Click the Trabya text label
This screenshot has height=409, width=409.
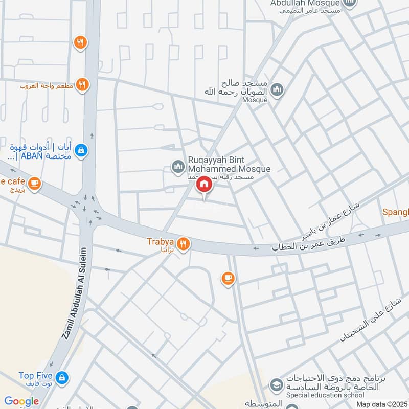click(161, 241)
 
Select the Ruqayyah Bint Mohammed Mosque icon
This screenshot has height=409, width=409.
click(178, 166)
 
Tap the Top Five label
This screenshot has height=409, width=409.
click(34, 376)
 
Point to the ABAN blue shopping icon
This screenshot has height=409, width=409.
click(81, 150)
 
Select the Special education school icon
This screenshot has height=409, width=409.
click(276, 384)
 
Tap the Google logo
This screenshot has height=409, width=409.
click(21, 401)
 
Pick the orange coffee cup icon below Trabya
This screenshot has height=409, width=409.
click(228, 279)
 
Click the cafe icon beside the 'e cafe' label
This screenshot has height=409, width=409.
click(34, 183)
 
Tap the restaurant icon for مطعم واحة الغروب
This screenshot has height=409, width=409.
click(82, 84)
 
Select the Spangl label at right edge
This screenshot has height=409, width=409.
click(396, 212)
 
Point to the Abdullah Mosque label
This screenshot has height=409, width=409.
click(304, 3)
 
